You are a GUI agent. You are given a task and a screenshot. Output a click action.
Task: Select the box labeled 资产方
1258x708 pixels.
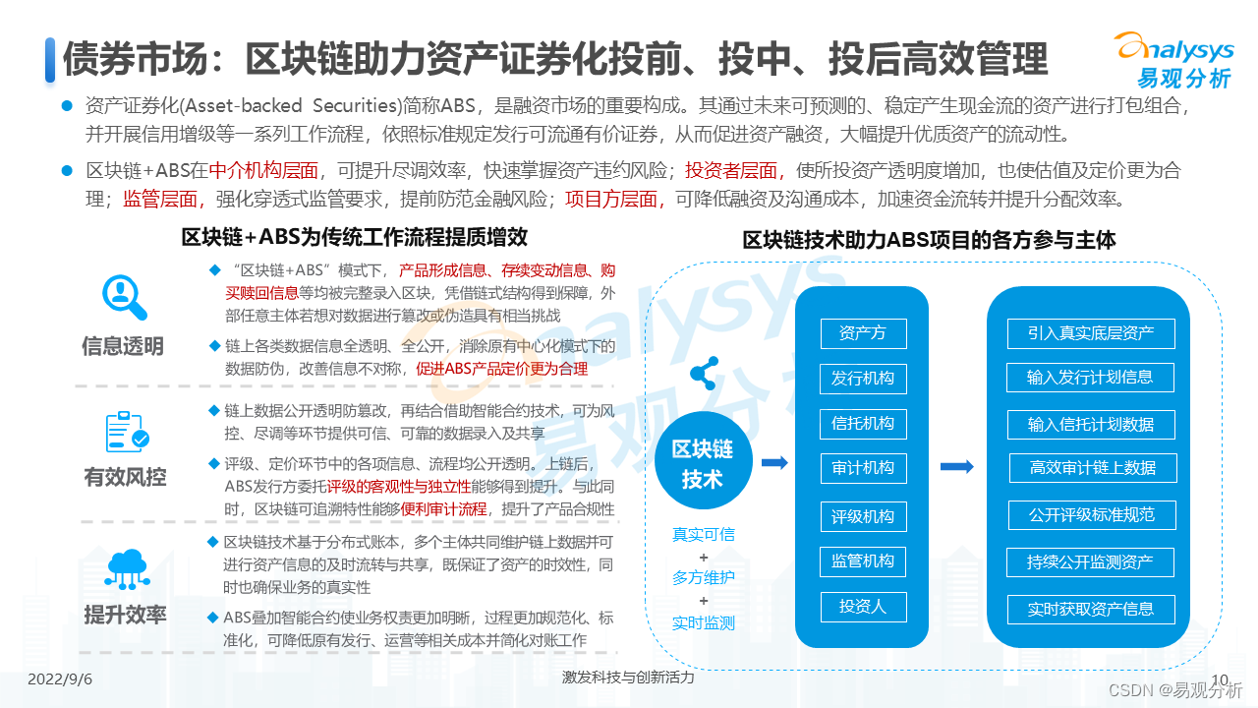click(863, 333)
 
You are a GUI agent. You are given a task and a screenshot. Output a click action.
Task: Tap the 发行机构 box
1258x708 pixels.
click(863, 379)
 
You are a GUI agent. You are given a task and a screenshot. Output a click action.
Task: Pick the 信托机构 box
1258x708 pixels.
click(863, 424)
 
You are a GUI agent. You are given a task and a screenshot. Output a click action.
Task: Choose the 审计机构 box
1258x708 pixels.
click(863, 468)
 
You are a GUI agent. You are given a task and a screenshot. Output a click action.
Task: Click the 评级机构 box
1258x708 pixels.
click(863, 516)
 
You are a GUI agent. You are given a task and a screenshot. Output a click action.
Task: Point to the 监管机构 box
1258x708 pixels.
click(863, 561)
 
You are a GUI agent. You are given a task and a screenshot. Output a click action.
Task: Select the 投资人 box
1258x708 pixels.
click(863, 607)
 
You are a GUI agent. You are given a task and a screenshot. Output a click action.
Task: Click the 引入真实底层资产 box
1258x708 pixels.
click(1091, 333)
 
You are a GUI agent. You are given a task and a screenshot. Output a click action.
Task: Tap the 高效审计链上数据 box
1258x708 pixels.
click(1092, 468)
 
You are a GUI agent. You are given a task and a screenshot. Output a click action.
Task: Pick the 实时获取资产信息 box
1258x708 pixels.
click(1091, 609)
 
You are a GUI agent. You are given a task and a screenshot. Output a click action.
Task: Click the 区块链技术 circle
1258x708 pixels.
click(703, 464)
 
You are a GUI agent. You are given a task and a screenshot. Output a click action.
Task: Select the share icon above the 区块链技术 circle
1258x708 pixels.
click(704, 373)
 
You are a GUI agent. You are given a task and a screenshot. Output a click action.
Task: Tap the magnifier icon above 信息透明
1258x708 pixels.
click(125, 295)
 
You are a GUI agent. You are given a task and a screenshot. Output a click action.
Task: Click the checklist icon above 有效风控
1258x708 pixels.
click(127, 433)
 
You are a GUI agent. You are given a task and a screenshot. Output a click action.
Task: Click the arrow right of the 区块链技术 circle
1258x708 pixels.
click(774, 463)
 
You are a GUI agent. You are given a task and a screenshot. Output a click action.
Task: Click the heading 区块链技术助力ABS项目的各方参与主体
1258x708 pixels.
click(929, 240)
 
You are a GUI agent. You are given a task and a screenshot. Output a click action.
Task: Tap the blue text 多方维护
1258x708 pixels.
click(703, 578)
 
